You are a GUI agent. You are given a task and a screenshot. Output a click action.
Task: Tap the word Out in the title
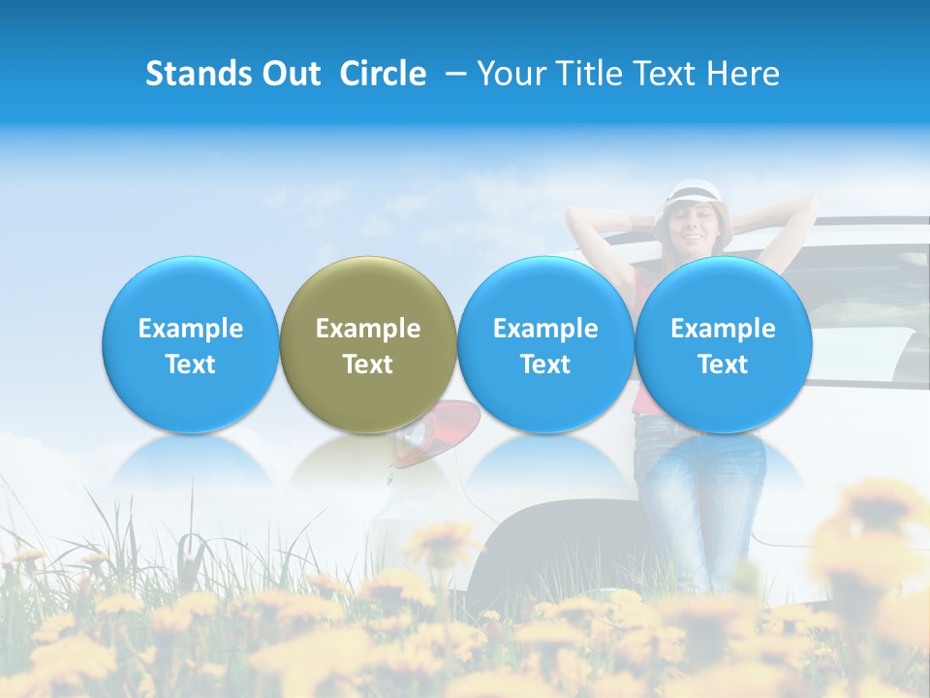[290, 74]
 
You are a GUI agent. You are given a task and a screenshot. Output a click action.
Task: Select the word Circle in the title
[383, 74]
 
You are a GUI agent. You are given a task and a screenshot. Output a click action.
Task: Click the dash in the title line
[453, 74]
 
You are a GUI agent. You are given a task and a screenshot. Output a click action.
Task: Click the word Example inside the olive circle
[368, 329]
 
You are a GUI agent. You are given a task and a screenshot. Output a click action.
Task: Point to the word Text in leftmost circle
[190, 365]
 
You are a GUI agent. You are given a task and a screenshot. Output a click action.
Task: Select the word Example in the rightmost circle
[723, 329]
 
